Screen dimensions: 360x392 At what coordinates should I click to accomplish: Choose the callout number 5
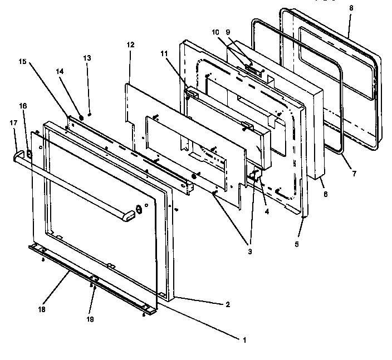click(x=296, y=244)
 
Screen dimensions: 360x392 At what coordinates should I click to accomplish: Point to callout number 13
click(x=86, y=58)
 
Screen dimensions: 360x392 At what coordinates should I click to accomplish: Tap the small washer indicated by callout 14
click(x=82, y=117)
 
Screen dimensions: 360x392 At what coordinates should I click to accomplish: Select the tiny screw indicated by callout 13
click(x=90, y=113)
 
